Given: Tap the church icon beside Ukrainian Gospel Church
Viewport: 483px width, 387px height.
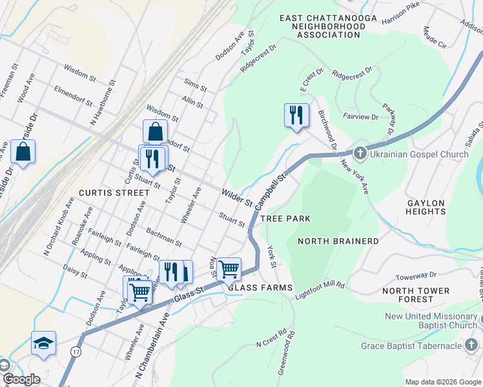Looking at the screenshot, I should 360,154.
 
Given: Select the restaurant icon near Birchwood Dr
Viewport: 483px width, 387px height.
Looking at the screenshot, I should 296,115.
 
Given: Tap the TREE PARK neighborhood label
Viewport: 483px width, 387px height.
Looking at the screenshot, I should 285,219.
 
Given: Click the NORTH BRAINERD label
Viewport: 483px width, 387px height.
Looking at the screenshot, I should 338,241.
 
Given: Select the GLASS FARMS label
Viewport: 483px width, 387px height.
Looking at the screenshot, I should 260,287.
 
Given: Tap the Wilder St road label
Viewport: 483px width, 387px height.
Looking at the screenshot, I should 236,197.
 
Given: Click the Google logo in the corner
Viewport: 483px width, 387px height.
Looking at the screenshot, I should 21,379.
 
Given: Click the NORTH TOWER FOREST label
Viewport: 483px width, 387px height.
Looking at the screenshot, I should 416,295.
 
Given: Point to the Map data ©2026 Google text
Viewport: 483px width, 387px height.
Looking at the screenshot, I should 443,382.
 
